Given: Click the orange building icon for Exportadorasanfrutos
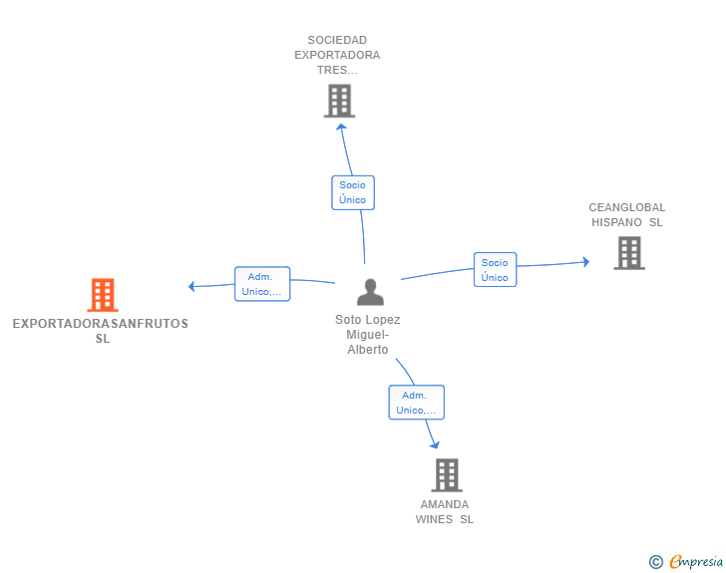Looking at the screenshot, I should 103,295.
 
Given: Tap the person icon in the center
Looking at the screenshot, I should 370,292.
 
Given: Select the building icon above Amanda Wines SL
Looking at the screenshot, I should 446,475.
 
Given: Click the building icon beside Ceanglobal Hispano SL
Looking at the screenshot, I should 629,253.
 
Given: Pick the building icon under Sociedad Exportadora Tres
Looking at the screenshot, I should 339,101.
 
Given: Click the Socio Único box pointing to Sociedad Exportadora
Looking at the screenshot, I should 352,192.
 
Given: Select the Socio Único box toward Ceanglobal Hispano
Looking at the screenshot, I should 495,270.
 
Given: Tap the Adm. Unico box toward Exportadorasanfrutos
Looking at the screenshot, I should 262,284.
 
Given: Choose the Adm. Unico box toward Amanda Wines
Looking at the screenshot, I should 416,403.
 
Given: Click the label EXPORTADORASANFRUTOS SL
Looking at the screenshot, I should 101,331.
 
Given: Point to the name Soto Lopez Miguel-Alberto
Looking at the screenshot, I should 368,335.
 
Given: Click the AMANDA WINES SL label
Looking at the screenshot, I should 445,511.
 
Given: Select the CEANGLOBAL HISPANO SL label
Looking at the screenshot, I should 627,215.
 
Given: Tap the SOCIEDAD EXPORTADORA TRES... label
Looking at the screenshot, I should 337,56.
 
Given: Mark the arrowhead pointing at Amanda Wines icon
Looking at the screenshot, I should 434,443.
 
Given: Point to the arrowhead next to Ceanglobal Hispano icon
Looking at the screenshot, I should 585,262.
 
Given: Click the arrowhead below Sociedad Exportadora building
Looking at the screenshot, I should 341,126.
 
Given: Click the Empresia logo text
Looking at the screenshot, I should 696,562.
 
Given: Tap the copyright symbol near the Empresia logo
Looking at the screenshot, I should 656,562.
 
